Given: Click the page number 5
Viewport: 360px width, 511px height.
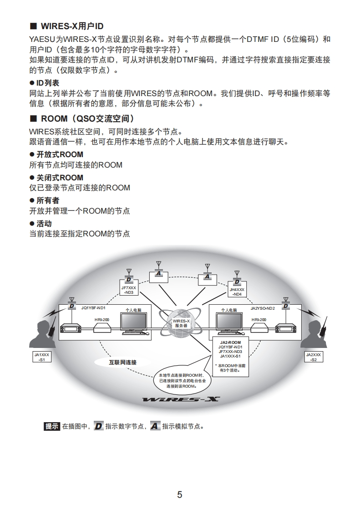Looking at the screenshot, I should (179, 495).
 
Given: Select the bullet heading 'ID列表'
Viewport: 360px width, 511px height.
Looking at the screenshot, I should (48, 83).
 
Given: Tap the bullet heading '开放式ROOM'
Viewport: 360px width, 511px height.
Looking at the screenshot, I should (60, 154).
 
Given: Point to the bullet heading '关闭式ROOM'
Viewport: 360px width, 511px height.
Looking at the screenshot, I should (60, 177).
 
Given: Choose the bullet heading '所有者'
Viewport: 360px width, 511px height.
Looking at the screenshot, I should (48, 200).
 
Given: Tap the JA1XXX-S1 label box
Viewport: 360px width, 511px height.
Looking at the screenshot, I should (42, 357).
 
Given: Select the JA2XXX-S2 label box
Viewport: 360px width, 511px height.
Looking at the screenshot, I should (314, 357).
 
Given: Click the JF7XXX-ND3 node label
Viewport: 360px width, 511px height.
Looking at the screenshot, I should (129, 290).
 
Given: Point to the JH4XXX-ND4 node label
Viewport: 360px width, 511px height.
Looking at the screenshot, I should (237, 291).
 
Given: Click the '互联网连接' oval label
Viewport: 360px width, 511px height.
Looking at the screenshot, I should (122, 363).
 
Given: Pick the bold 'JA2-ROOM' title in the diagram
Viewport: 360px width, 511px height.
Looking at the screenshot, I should (230, 342).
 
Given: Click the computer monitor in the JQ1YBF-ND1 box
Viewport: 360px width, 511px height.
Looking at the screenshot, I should (134, 322).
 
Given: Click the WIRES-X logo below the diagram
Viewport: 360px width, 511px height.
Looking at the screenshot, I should (181, 400).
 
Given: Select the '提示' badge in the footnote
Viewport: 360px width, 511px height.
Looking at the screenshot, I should (52, 427).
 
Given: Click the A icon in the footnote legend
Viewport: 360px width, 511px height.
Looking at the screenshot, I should (155, 427).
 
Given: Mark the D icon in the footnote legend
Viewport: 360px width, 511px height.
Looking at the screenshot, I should (98, 427).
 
